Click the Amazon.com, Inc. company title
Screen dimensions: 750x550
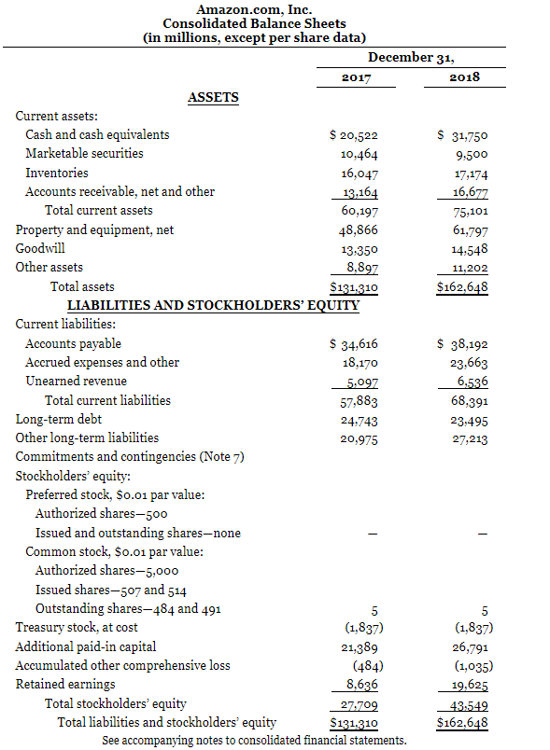pyautogui.click(x=253, y=9)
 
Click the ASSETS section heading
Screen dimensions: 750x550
pyautogui.click(x=213, y=97)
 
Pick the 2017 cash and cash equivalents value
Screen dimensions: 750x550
pyautogui.click(x=354, y=135)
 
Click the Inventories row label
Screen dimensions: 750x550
pyautogui.click(x=57, y=173)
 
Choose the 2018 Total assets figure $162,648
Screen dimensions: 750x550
pyautogui.click(x=462, y=287)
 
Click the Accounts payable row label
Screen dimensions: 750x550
pyautogui.click(x=73, y=343)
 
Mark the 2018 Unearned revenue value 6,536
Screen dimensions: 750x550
pyautogui.click(x=468, y=382)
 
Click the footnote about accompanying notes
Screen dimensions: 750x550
pyautogui.click(x=254, y=741)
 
